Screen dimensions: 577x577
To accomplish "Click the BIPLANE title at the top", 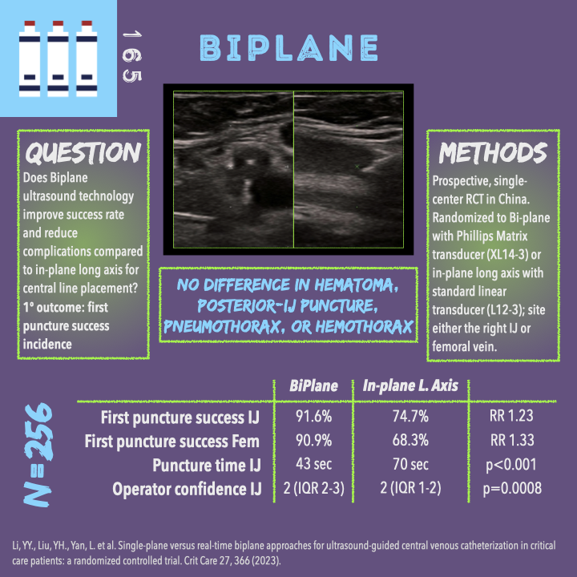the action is pos(288,48).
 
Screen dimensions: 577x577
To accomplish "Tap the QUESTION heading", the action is pos(83,152).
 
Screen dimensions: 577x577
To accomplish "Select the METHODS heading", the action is pos(493,152).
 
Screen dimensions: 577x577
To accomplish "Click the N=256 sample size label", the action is pos(38,455).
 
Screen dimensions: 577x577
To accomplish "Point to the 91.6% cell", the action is pos(314,416).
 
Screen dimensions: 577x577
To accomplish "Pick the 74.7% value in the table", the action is pos(410,416).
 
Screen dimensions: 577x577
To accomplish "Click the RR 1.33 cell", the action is pos(512,440).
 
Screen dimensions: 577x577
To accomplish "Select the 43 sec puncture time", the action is pos(314,464).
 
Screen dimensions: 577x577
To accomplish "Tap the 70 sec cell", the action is pos(410,464).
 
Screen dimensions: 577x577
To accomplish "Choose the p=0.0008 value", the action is pos(512,488).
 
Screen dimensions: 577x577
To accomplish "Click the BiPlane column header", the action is pos(313,385).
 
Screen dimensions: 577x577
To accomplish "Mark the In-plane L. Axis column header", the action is pos(410,385).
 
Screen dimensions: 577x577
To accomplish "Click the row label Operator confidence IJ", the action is pos(187,489).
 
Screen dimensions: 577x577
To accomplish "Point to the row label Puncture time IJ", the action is pos(207,465).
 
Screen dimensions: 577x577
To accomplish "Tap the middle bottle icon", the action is pos(58,59).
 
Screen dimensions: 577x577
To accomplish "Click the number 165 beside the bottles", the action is pos(132,57).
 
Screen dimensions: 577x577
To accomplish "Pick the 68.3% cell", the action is pos(410,440).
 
